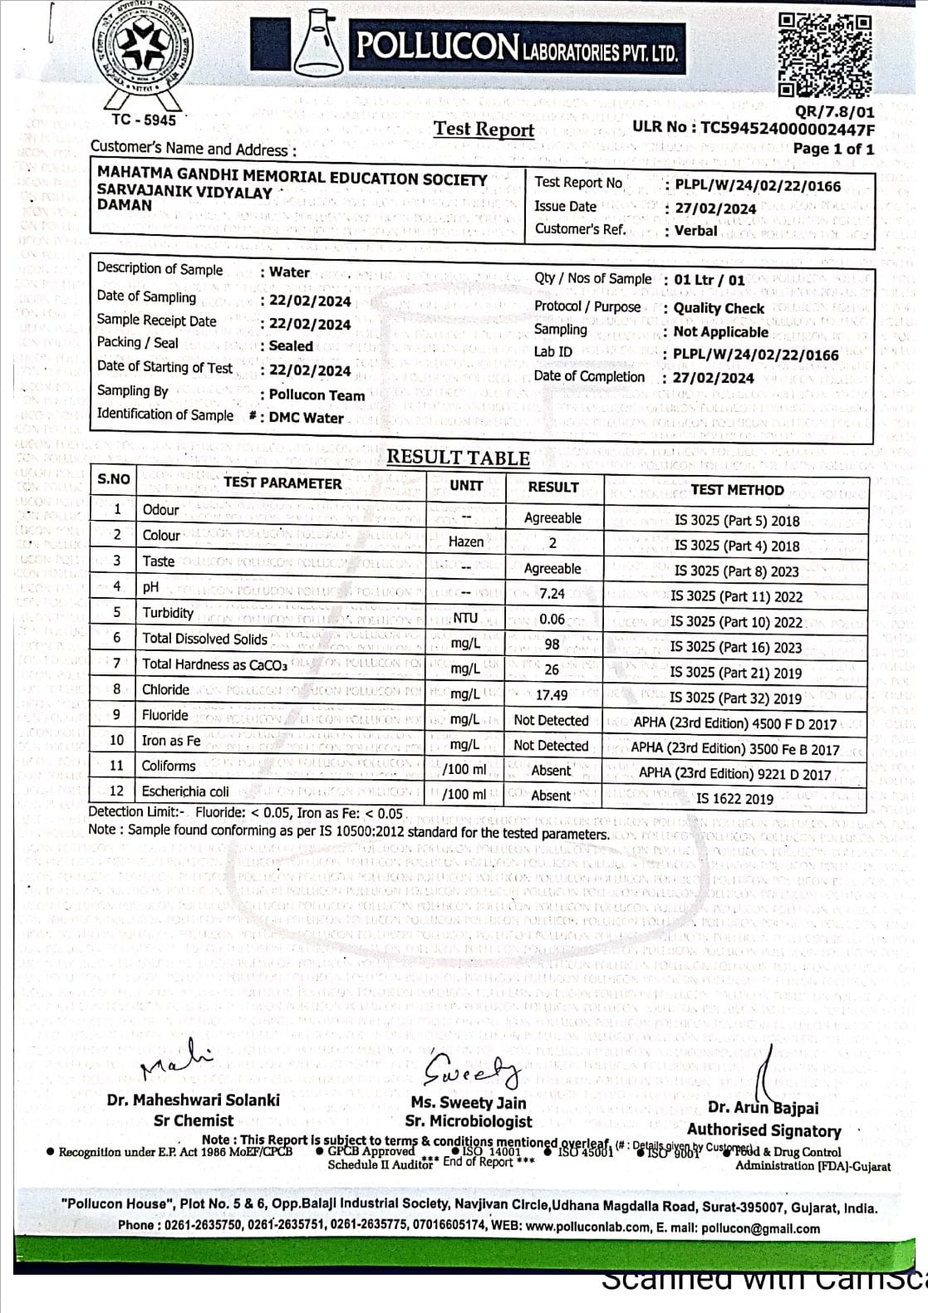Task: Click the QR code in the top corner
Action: click(824, 55)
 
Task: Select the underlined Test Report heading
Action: click(484, 130)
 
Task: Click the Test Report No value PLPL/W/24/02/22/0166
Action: click(757, 186)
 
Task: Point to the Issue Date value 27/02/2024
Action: click(714, 208)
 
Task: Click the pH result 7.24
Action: click(552, 594)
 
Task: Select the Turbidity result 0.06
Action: click(552, 620)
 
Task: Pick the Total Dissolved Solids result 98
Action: click(552, 644)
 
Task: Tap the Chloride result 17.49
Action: click(552, 695)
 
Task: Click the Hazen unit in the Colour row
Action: click(466, 541)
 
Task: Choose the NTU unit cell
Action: click(465, 618)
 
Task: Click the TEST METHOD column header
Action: click(737, 490)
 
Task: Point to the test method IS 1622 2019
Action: click(734, 799)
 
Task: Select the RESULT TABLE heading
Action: click(458, 458)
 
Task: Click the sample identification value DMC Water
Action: click(306, 418)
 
